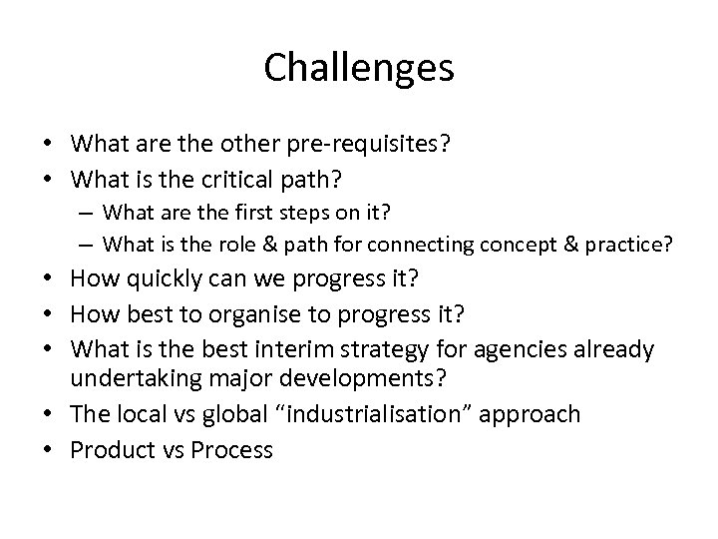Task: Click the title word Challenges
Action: tap(359, 69)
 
